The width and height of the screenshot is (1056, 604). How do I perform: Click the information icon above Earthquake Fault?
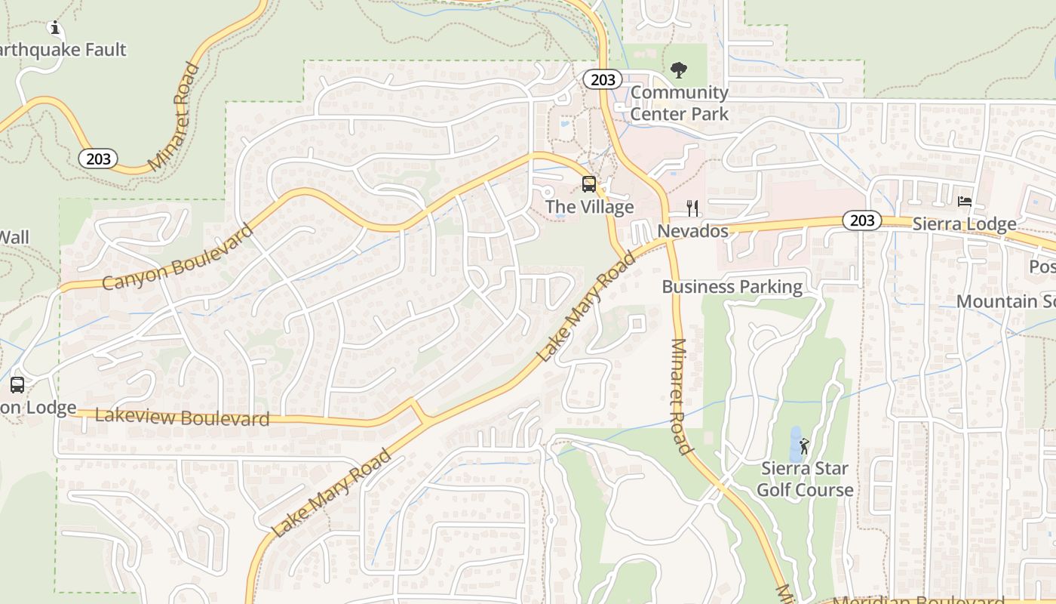(x=54, y=28)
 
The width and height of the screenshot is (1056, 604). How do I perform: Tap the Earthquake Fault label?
(x=63, y=50)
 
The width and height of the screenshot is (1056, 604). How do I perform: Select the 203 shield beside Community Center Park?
(x=602, y=79)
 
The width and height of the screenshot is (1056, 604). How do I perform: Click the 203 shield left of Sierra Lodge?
(x=861, y=220)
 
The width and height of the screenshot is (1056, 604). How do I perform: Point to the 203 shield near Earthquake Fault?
(x=98, y=159)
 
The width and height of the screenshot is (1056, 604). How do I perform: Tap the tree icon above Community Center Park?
(x=679, y=70)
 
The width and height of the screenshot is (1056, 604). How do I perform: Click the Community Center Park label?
(x=680, y=103)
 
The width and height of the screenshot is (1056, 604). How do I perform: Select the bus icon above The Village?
(x=589, y=183)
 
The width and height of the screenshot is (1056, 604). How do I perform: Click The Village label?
(x=589, y=207)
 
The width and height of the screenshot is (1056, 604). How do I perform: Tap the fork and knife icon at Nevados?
(x=692, y=208)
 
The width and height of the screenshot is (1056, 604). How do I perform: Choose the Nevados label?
(x=693, y=230)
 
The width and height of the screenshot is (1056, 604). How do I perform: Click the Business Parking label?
(x=732, y=287)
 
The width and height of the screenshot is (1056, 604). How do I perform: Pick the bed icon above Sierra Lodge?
(x=965, y=202)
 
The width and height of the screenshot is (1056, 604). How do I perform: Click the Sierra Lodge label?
(x=964, y=224)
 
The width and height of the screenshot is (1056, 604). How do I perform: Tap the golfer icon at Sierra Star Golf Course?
(x=804, y=445)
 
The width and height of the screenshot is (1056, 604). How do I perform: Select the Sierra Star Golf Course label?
(x=805, y=479)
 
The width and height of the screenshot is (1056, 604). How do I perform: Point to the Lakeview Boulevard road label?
(x=182, y=417)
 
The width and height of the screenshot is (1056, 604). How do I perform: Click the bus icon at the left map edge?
(x=17, y=385)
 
